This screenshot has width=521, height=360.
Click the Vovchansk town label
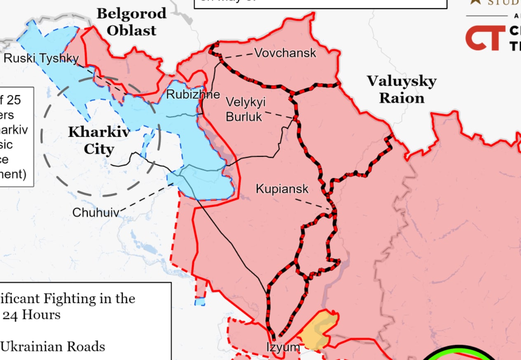point(285,53)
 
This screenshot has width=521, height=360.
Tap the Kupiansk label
point(282,189)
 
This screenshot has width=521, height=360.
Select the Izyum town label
point(283,347)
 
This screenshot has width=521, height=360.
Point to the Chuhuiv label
point(96,213)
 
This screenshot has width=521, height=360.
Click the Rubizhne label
point(193,94)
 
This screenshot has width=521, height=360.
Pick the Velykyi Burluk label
point(245,110)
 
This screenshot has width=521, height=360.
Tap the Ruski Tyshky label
point(41,58)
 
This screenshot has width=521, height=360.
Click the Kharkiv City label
point(99,140)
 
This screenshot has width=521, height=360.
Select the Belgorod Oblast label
point(131,22)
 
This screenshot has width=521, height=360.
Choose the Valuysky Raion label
point(401,89)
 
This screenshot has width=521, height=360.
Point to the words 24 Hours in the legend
point(31,315)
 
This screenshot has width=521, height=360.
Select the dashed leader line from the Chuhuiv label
point(147,199)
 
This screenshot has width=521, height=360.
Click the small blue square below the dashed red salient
point(200,302)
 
